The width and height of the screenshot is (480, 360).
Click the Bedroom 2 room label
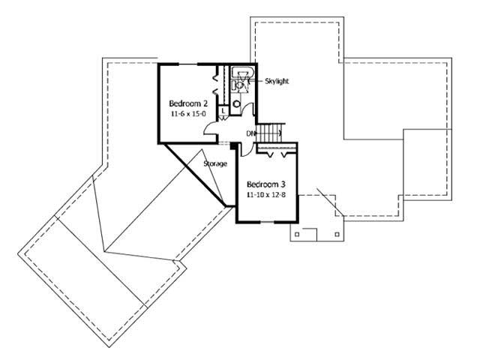coord(184,103)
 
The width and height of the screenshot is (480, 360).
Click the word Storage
coord(215,163)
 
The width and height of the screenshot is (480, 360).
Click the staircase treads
coord(271,133)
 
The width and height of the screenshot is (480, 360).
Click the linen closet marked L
coord(223,111)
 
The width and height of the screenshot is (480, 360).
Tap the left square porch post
coord(297,233)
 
